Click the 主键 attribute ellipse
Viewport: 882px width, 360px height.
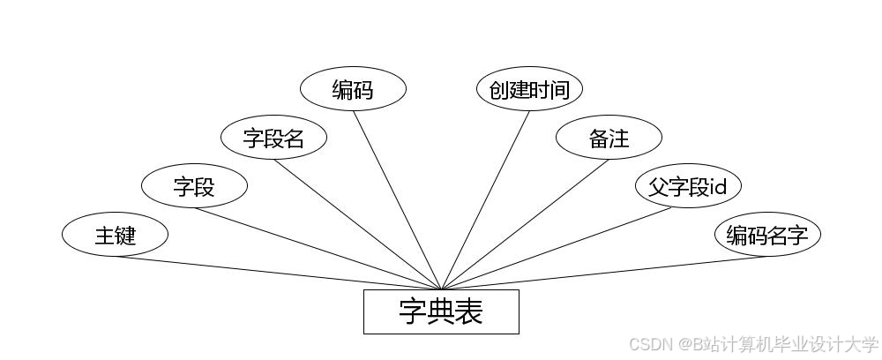[115, 236]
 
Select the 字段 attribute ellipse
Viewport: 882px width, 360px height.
[194, 186]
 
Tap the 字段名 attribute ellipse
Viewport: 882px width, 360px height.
[273, 138]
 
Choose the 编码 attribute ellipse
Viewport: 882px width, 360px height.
[353, 89]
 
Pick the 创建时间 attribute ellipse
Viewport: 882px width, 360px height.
[529, 89]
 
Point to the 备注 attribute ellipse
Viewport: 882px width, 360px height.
[609, 138]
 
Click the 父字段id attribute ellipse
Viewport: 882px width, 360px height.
[688, 186]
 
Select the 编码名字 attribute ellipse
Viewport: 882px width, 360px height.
[767, 236]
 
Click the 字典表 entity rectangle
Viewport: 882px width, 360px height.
[441, 311]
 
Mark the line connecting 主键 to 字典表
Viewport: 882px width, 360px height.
[278, 273]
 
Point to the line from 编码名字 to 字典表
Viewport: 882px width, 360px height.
[604, 273]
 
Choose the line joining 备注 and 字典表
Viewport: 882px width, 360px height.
[525, 224]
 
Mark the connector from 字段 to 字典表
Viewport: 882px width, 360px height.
[318, 249]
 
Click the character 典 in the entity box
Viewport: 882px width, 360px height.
[441, 311]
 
